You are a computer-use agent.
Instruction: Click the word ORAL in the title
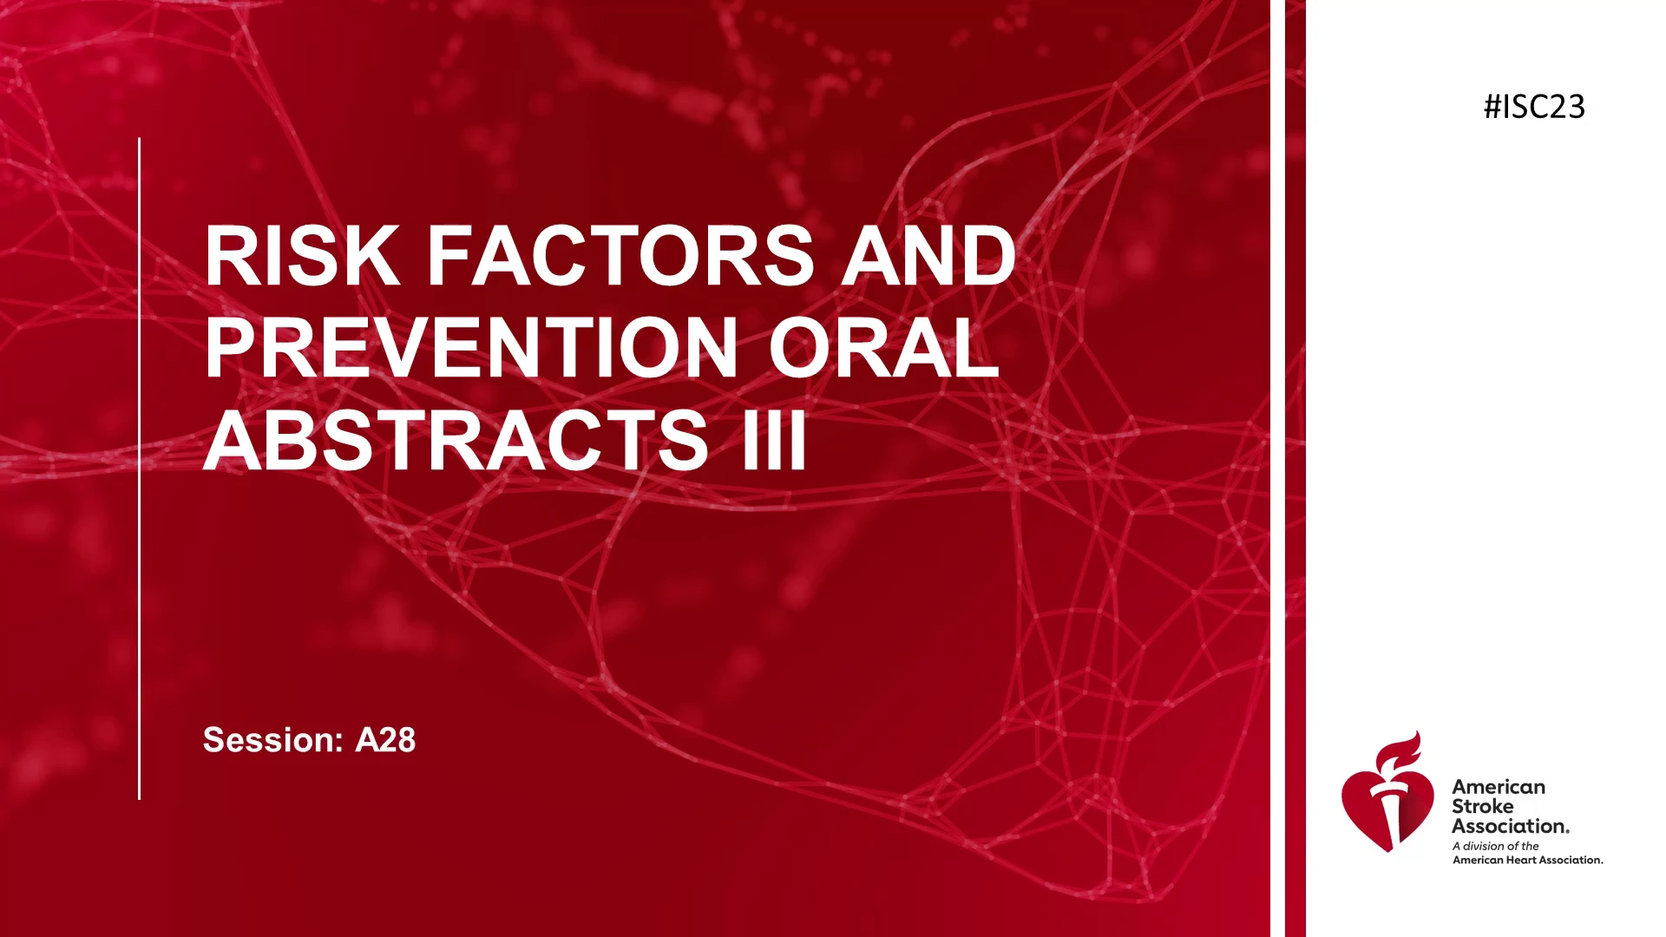pyautogui.click(x=883, y=348)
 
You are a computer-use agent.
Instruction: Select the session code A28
pyautogui.click(x=385, y=740)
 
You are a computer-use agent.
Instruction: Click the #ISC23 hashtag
pyautogui.click(x=1534, y=107)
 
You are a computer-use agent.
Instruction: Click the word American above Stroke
pyautogui.click(x=1499, y=787)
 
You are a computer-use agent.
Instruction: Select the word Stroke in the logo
pyautogui.click(x=1483, y=806)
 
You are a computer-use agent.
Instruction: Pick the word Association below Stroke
pyautogui.click(x=1511, y=826)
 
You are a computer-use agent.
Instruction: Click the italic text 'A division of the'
pyautogui.click(x=1496, y=846)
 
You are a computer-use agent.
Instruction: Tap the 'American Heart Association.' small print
pyautogui.click(x=1528, y=860)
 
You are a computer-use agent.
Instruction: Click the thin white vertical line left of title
pyautogui.click(x=139, y=468)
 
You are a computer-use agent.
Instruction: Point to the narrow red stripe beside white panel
pyautogui.click(x=1295, y=468)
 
